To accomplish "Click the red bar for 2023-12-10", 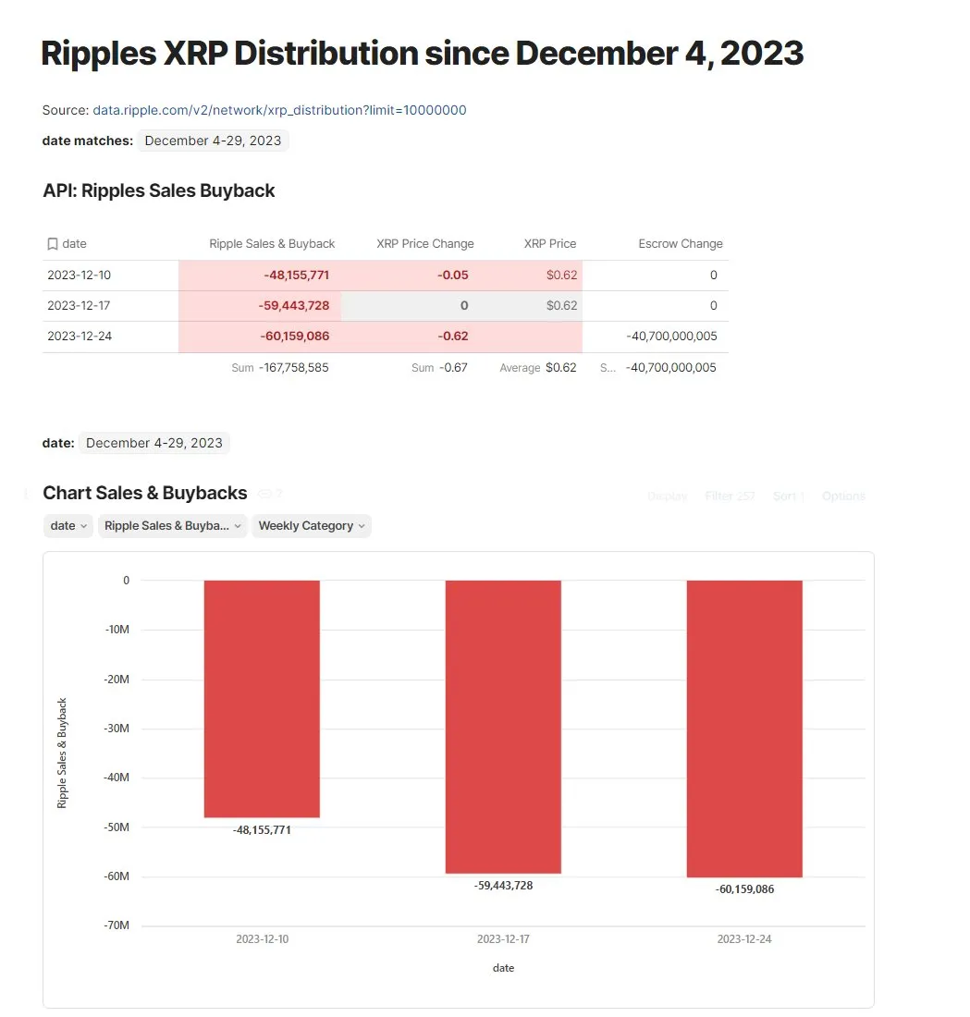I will (262, 698).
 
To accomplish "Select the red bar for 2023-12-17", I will (503, 726).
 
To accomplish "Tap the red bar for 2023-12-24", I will (744, 729).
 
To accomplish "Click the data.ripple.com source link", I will (279, 110).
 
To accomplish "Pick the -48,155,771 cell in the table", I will (295, 276).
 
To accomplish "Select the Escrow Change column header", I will (680, 244).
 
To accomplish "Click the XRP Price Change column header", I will (424, 244).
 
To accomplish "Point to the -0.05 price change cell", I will (452, 276).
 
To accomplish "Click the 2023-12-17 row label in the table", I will (80, 306).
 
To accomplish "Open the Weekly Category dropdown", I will (311, 526).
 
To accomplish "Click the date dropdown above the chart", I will (68, 526).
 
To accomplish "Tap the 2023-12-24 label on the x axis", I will (744, 939).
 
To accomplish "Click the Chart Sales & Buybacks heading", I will (145, 493).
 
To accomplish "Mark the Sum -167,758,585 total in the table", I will (280, 368).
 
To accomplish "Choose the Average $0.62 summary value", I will (538, 368).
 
